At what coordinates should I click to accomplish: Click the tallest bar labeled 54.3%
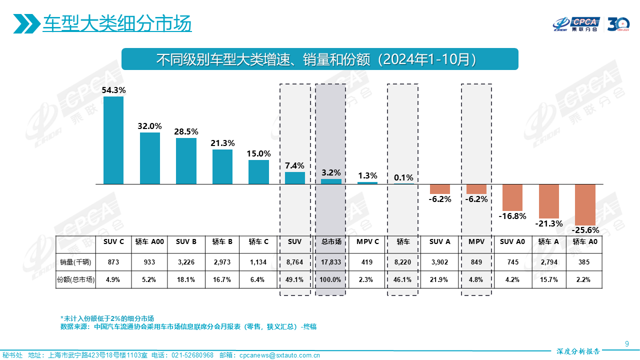[113, 140]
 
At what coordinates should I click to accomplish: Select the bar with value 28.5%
[186, 161]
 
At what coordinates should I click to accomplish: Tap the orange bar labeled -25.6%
[585, 205]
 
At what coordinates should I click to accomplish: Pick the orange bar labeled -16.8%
[512, 197]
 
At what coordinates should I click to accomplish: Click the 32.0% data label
[150, 126]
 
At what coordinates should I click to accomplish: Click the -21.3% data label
[549, 223]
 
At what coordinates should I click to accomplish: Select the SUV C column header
[113, 241]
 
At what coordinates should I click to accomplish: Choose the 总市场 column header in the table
[331, 241]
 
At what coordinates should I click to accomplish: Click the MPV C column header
[367, 241]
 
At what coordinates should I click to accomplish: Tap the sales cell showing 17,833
[331, 262]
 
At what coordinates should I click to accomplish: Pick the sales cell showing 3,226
[186, 262]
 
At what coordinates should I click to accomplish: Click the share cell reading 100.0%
[331, 280]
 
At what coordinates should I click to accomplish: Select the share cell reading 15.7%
[548, 280]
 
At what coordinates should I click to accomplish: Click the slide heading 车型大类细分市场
[117, 23]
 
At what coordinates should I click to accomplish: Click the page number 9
[627, 343]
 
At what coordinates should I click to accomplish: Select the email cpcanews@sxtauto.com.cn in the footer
[280, 355]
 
